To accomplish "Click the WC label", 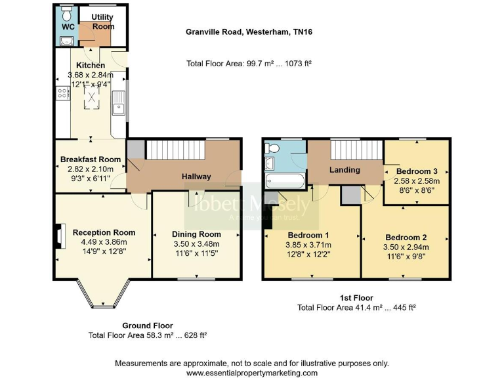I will pos(68,27).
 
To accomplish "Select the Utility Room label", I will pos(103,22).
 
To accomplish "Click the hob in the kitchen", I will pos(63,93).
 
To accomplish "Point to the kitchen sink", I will pos(119,105).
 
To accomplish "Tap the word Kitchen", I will pos(91,66).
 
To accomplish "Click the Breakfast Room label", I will pos(91,159).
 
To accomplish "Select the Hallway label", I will pos(196,177).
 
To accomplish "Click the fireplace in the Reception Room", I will pos(60,236).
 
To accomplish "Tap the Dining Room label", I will pos(196,234).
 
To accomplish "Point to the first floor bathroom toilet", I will pos(282,149).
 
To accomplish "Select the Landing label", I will pos(345,170).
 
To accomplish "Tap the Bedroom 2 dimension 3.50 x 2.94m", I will pos(406,247).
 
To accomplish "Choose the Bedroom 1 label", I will pos(308,235).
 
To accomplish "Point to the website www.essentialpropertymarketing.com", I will pos(252,372).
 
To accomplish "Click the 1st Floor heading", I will pos(356,298).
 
